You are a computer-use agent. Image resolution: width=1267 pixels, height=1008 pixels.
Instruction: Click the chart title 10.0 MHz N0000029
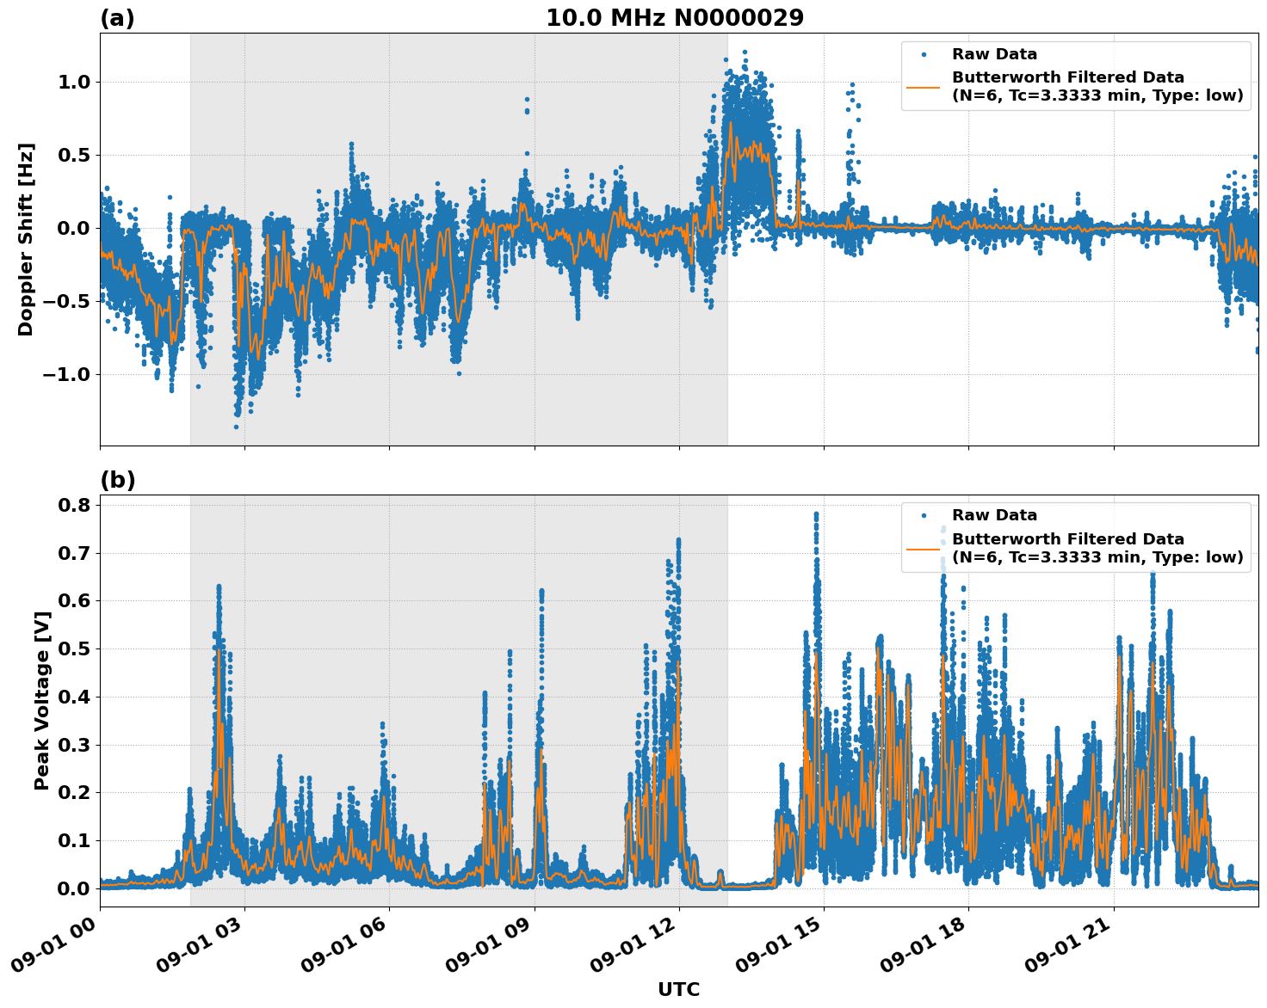pyautogui.click(x=675, y=18)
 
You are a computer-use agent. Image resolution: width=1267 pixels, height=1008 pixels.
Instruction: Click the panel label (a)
pyautogui.click(x=118, y=18)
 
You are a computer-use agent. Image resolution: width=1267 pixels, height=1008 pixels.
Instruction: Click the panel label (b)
pyautogui.click(x=118, y=480)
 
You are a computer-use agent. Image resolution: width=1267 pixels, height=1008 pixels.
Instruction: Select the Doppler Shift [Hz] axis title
pyautogui.click(x=26, y=239)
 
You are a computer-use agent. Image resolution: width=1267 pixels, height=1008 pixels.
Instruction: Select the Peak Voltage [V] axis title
pyautogui.click(x=41, y=700)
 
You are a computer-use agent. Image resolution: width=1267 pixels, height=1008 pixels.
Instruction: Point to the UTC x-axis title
pyautogui.click(x=678, y=989)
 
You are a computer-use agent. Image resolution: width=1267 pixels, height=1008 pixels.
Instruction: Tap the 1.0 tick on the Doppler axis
pyautogui.click(x=73, y=83)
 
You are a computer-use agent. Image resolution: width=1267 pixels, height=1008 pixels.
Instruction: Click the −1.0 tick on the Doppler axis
pyautogui.click(x=66, y=374)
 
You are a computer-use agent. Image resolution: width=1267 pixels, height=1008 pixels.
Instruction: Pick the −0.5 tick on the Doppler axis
pyautogui.click(x=66, y=301)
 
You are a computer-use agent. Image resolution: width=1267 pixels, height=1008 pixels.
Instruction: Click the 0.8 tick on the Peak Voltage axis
pyautogui.click(x=73, y=505)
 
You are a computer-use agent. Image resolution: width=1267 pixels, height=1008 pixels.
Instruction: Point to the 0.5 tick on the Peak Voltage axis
pyautogui.click(x=73, y=648)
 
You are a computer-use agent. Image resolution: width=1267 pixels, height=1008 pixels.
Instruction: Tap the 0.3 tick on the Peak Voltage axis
pyautogui.click(x=73, y=745)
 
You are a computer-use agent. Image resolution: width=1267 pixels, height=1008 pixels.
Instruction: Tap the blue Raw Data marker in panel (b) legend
pyautogui.click(x=924, y=515)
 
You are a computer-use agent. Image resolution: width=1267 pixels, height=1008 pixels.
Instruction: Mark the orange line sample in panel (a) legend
pyautogui.click(x=924, y=87)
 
